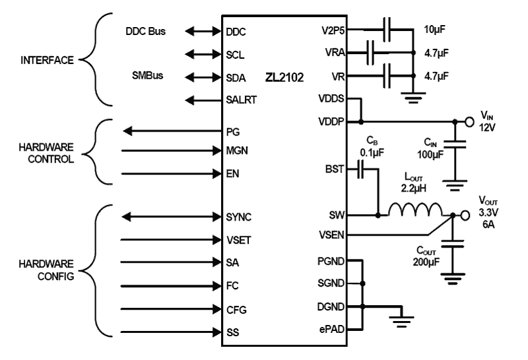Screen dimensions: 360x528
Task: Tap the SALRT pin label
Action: point(241,100)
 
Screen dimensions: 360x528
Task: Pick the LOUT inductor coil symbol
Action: point(416,209)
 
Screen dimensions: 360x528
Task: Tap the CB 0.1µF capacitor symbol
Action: point(360,169)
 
